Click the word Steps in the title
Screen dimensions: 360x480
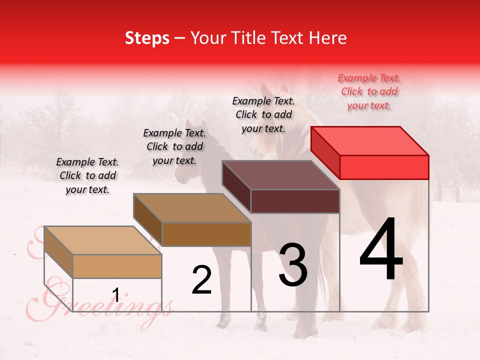coord(147,38)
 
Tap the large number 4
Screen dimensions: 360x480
coord(381,250)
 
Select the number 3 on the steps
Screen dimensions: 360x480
coord(293,265)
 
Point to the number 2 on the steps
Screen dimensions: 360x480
coord(201,280)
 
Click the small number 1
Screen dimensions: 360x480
coord(116,295)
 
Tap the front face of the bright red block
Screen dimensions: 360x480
coord(384,167)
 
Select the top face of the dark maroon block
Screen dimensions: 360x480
coord(281,174)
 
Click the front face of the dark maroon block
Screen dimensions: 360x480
coord(295,201)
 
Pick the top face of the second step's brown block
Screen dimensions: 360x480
coord(192,207)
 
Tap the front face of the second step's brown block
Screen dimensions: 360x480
coord(206,234)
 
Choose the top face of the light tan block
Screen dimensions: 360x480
coord(103,240)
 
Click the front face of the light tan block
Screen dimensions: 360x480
coord(117,266)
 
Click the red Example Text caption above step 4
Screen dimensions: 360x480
coord(369,91)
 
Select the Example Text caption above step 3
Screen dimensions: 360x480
coord(263,114)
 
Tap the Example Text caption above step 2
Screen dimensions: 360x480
coord(174,146)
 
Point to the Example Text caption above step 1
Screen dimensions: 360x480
coord(87,175)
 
